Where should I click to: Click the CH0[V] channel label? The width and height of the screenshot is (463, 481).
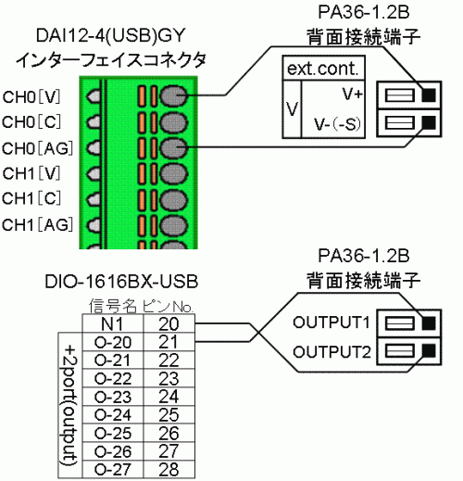point(31,97)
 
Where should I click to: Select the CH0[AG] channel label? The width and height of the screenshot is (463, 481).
point(38,148)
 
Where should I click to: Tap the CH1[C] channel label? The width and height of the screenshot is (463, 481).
point(31,198)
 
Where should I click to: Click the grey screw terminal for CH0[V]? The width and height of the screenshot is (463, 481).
point(173,96)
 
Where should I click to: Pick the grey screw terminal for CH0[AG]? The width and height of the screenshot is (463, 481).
point(173,148)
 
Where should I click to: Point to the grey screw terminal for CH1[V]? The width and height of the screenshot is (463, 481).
point(173,174)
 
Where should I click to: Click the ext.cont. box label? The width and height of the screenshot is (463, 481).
point(323,69)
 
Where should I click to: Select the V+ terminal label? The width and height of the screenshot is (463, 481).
point(352,94)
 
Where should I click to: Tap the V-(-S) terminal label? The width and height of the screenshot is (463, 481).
point(337,124)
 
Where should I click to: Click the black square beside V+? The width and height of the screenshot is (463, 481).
point(429,95)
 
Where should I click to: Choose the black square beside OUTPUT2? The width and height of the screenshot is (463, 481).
point(429,350)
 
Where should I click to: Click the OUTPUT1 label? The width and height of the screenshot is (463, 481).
point(332,323)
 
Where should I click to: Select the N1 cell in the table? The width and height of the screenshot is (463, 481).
point(113,323)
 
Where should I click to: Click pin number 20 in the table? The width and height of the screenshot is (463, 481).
point(169,323)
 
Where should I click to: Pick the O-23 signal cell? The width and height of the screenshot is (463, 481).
point(113,397)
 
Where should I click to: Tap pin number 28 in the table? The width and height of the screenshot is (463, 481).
point(169,470)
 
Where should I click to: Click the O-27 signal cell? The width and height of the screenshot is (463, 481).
point(113,470)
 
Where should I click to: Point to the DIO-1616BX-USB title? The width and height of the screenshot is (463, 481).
point(121,282)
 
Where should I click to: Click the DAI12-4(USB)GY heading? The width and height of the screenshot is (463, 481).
point(110,35)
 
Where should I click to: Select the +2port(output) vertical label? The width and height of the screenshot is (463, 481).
point(70,406)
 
